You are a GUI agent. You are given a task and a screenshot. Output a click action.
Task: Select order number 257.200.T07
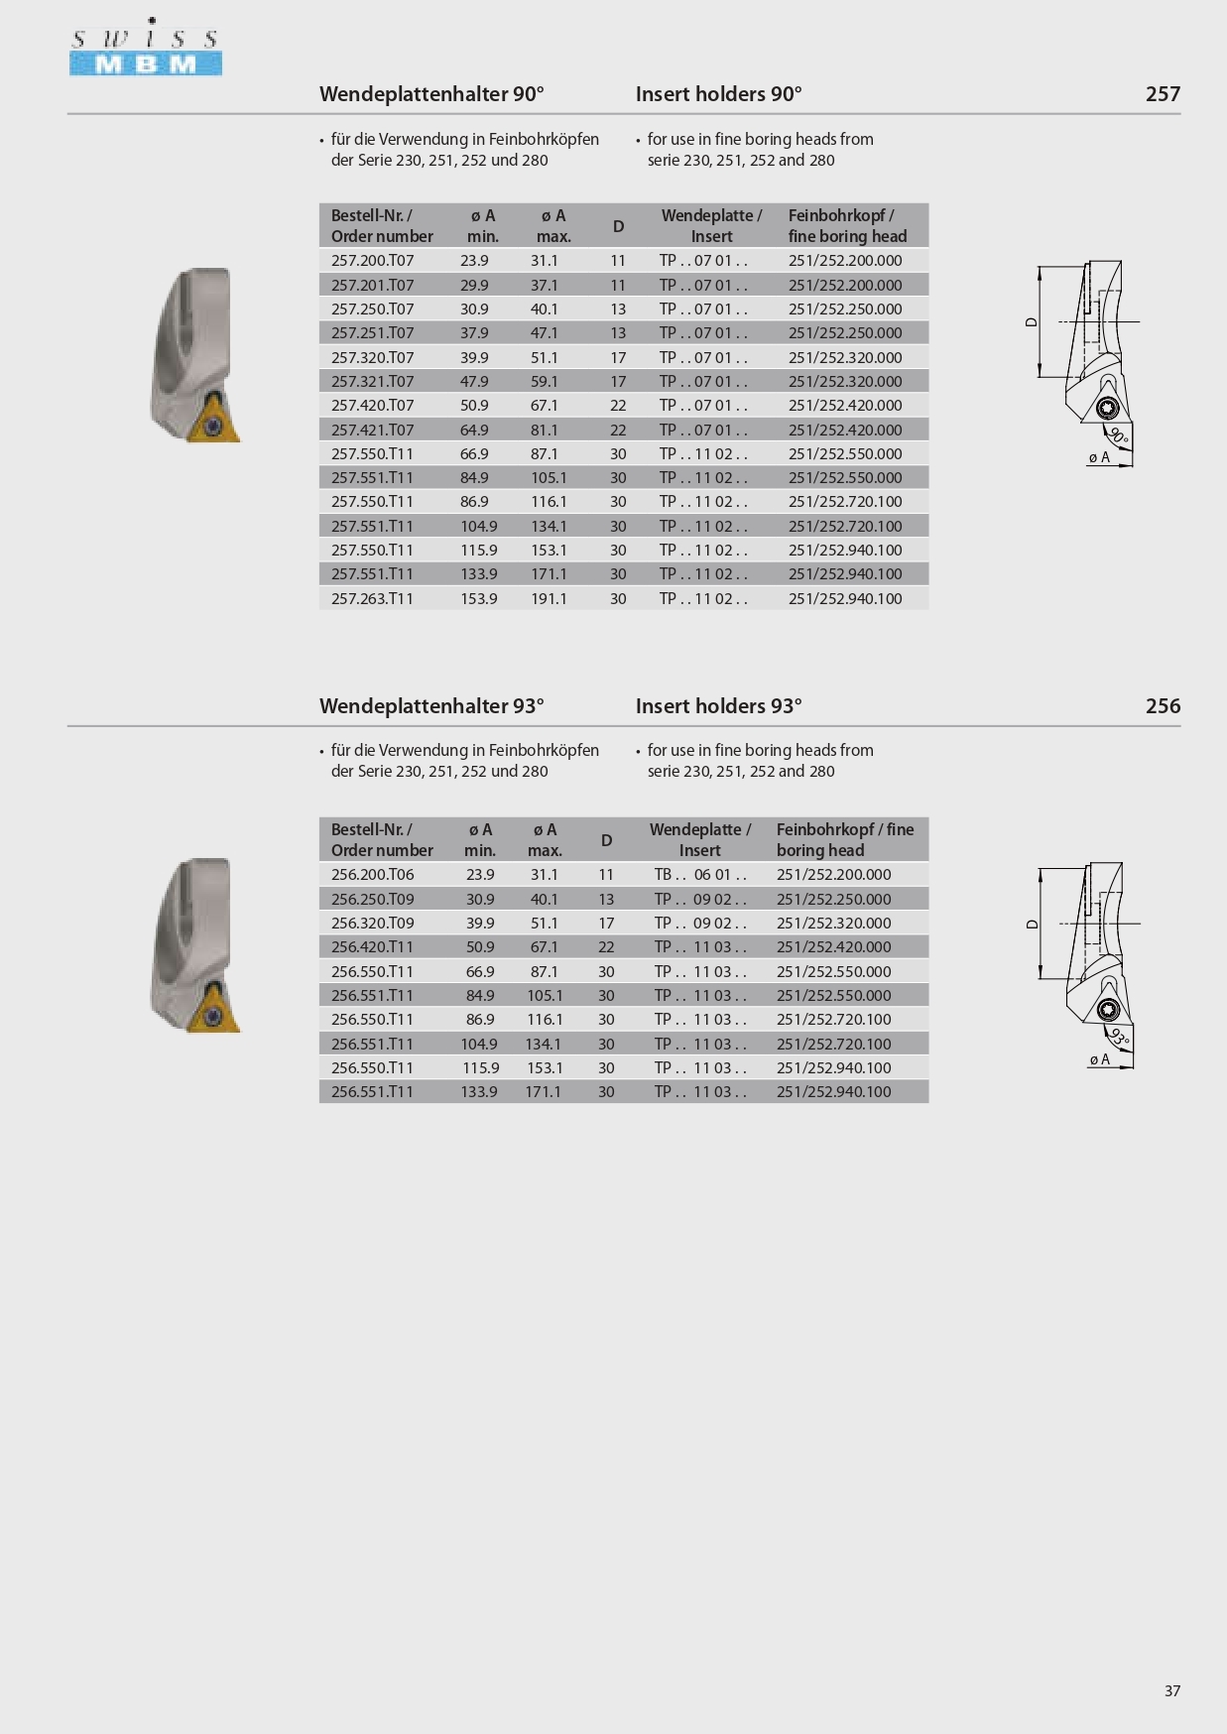[x=372, y=261]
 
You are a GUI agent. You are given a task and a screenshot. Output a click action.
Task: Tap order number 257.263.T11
[x=372, y=599]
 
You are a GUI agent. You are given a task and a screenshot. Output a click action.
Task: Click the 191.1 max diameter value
[x=549, y=599]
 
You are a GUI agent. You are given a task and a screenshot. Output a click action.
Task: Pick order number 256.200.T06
[x=372, y=875]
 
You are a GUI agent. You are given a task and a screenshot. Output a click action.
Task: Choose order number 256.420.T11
[x=372, y=947]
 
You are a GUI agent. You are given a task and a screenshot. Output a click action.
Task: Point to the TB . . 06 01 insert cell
[x=699, y=875]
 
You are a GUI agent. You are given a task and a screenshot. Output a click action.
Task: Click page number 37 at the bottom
[x=1172, y=1690]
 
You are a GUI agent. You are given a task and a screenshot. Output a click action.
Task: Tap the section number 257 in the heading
[x=1163, y=94]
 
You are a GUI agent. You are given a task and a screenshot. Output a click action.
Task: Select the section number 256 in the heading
[x=1163, y=706]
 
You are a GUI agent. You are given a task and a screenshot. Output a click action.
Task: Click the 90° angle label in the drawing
[x=1119, y=434]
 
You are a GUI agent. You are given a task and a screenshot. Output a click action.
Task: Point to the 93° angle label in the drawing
[x=1120, y=1038]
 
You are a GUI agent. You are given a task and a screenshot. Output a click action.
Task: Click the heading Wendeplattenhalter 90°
[x=431, y=94]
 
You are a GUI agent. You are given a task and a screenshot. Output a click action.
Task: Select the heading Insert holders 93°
[x=718, y=706]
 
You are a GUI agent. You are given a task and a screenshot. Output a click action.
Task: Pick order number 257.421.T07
[x=372, y=431]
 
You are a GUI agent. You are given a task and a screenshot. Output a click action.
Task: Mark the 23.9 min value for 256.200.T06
[x=480, y=875]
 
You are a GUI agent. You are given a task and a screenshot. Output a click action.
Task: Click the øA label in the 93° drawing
[x=1099, y=1059]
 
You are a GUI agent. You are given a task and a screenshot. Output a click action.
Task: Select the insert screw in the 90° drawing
[x=1108, y=409]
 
